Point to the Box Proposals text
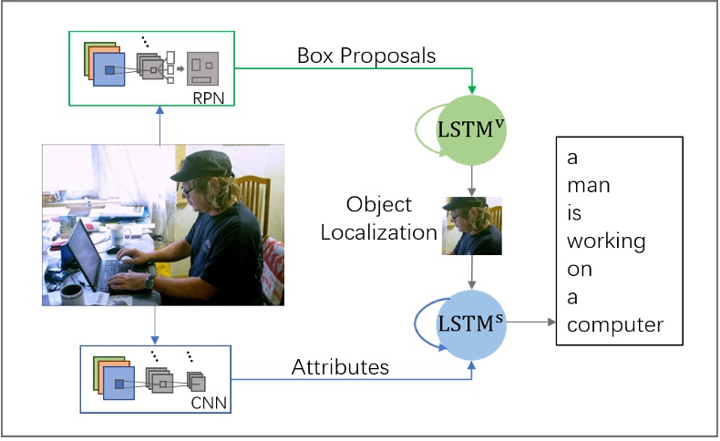[366, 56]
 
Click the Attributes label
[340, 367]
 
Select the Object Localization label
[391, 218]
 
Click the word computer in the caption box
[614, 325]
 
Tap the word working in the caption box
[605, 241]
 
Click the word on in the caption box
[579, 270]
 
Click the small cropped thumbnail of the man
[472, 226]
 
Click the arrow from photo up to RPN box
[160, 127]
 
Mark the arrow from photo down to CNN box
[160, 324]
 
